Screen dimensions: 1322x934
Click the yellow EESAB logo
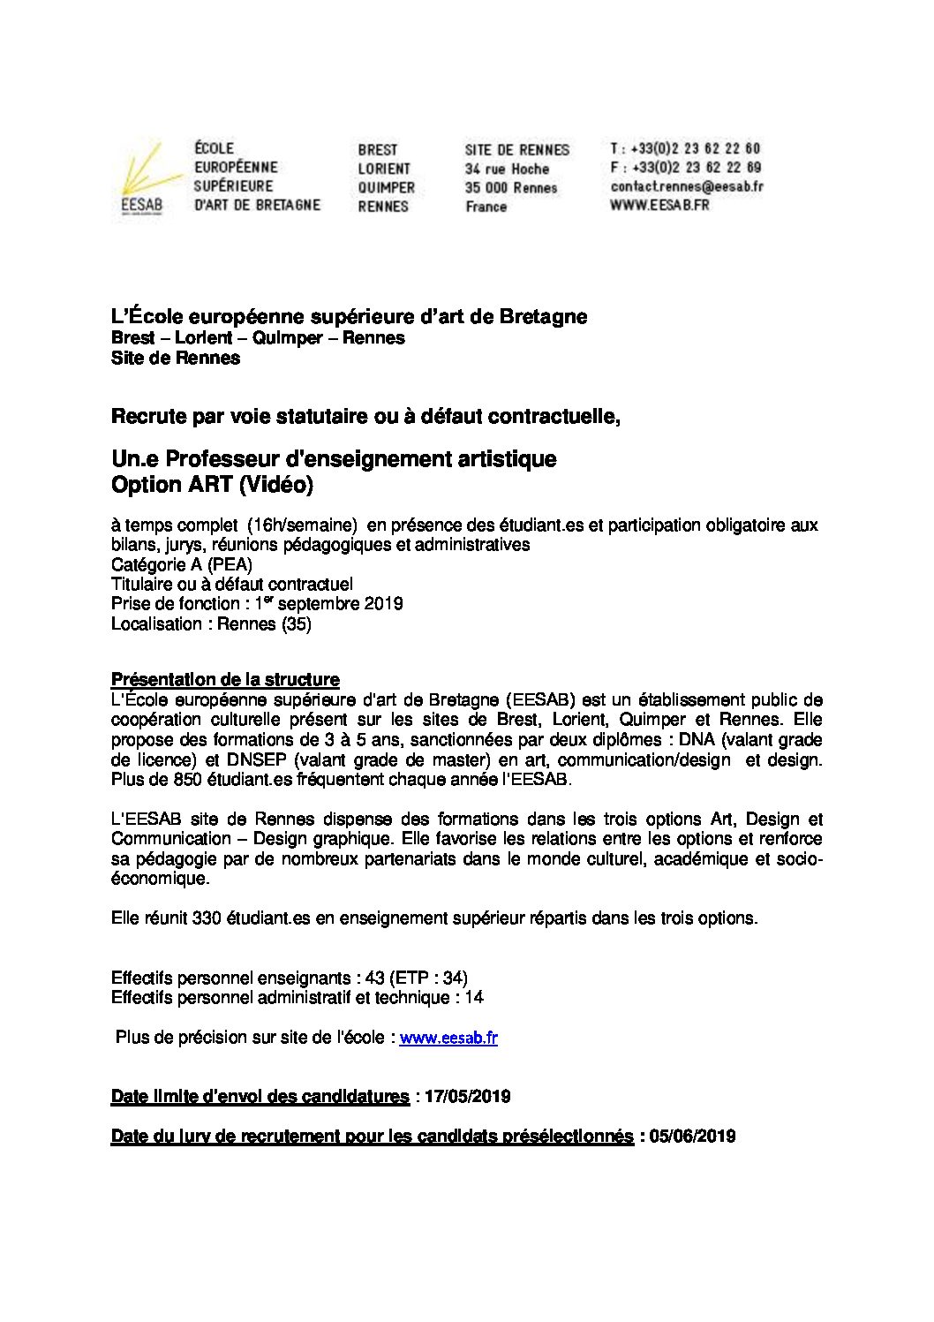point(140,178)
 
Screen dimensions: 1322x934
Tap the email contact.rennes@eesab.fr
point(686,186)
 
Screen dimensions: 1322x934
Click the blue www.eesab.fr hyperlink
point(448,1039)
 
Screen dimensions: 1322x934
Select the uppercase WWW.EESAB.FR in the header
point(659,205)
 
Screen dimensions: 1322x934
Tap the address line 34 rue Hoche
point(507,169)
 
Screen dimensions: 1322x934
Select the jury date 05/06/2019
point(692,1137)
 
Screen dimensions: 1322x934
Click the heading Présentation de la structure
point(225,679)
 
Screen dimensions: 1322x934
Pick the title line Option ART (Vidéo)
point(212,485)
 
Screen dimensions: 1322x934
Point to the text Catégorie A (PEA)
point(181,564)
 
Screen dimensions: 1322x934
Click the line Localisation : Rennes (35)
point(211,623)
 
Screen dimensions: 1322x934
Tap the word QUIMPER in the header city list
point(386,187)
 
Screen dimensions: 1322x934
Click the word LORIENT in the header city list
point(384,169)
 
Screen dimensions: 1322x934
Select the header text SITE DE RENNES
point(517,150)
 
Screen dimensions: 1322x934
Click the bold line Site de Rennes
point(175,358)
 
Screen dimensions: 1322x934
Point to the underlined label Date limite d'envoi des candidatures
point(260,1097)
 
